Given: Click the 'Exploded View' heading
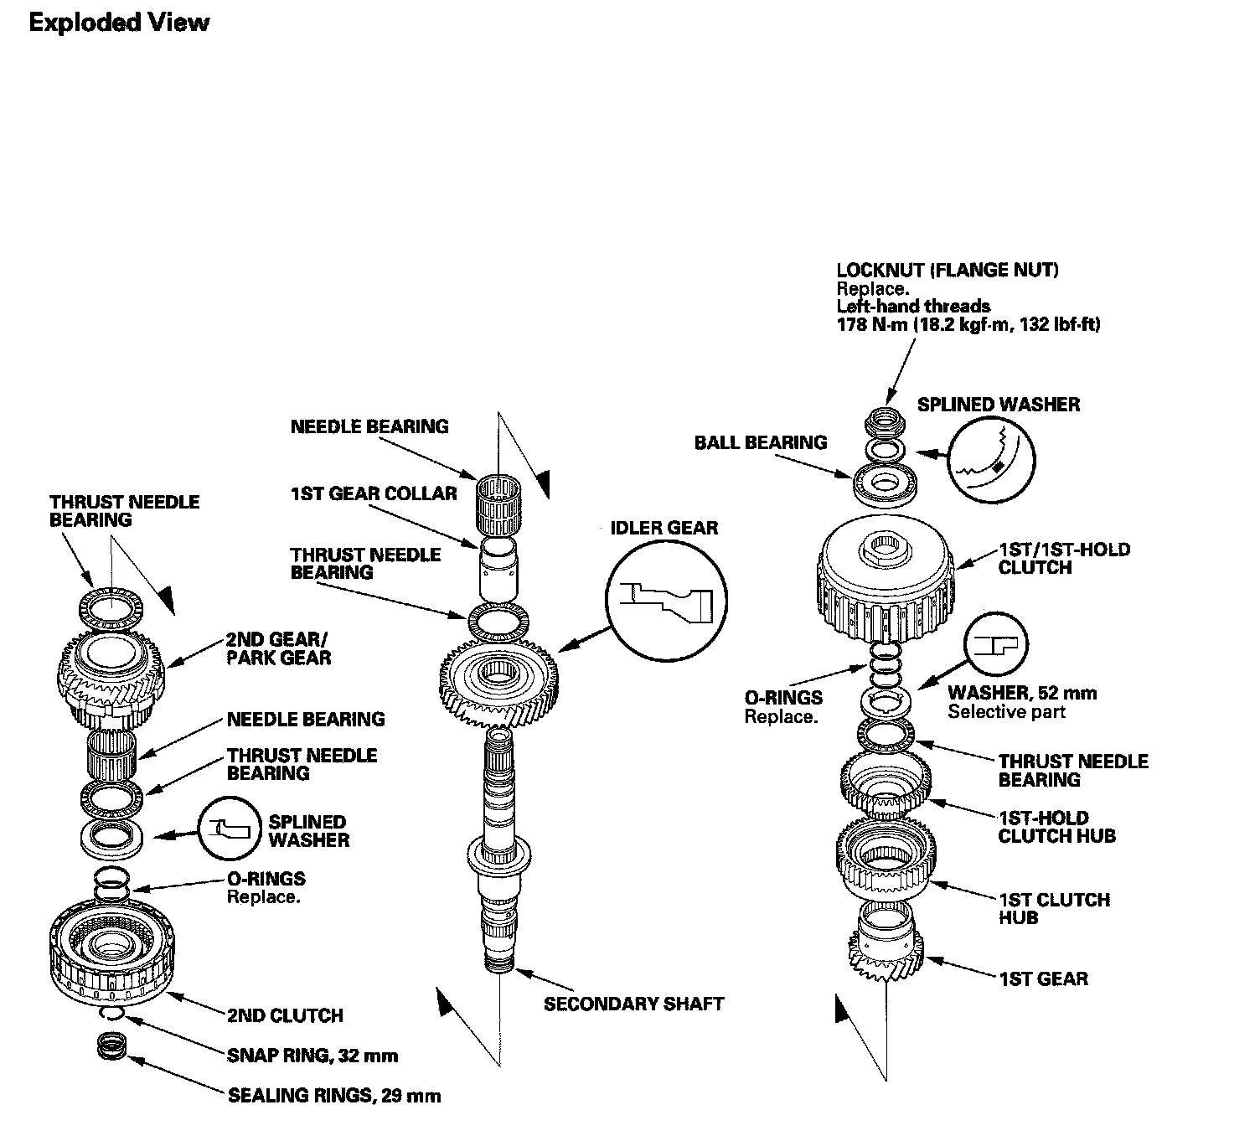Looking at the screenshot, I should tap(118, 23).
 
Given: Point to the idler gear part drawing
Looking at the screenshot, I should tap(499, 678).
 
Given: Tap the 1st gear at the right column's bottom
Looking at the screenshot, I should tap(886, 952).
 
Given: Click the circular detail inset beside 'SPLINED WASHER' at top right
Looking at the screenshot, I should tap(994, 458).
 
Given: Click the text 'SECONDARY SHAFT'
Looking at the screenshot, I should tap(633, 1004).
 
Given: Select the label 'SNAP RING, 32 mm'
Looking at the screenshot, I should tap(312, 1056).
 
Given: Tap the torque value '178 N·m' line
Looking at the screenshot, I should tap(968, 325).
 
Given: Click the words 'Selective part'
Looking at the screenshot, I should tap(1006, 712).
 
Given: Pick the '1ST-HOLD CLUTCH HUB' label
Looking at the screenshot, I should tap(1056, 827).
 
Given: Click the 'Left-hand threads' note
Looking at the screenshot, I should tap(913, 307).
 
